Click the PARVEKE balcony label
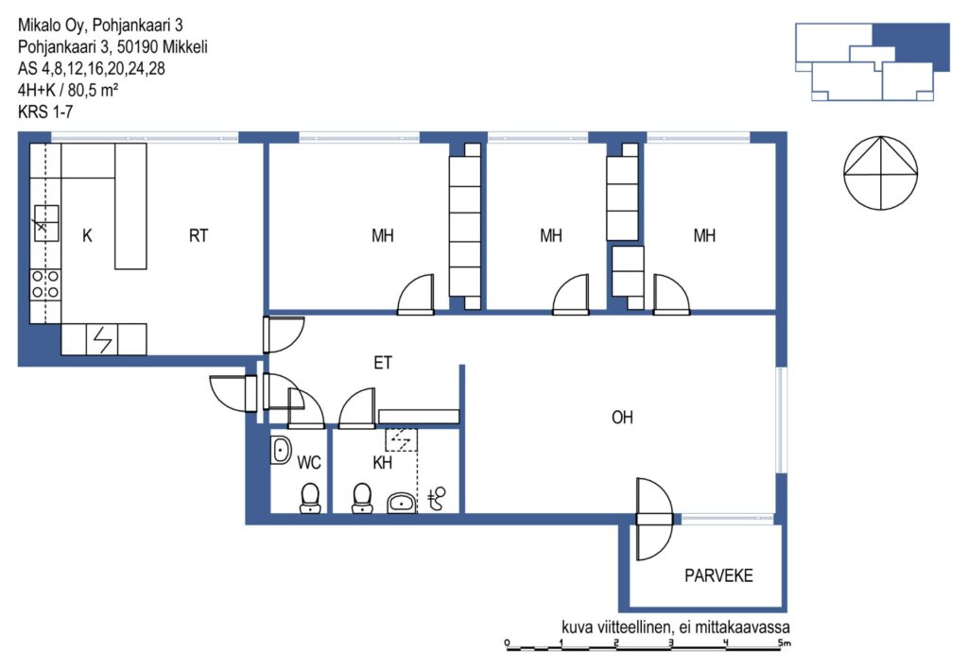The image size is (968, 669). (718, 575)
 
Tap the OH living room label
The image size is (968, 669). (622, 418)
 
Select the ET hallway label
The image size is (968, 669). (383, 363)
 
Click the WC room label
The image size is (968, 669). (309, 462)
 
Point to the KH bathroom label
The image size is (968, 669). (382, 462)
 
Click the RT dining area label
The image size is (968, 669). (199, 235)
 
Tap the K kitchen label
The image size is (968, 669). (87, 235)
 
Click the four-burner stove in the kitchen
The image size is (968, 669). (45, 284)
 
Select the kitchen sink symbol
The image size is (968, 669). (45, 223)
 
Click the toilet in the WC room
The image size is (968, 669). (310, 498)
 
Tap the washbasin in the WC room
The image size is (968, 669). (280, 450)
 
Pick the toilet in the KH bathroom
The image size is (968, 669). (362, 498)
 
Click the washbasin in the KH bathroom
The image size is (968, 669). (402, 503)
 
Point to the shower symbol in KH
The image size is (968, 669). (437, 499)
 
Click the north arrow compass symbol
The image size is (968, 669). (880, 173)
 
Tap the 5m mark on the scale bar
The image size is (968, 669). (784, 643)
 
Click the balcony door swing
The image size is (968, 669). (654, 519)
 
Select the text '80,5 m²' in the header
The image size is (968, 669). (94, 90)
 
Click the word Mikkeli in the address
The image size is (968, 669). (185, 47)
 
